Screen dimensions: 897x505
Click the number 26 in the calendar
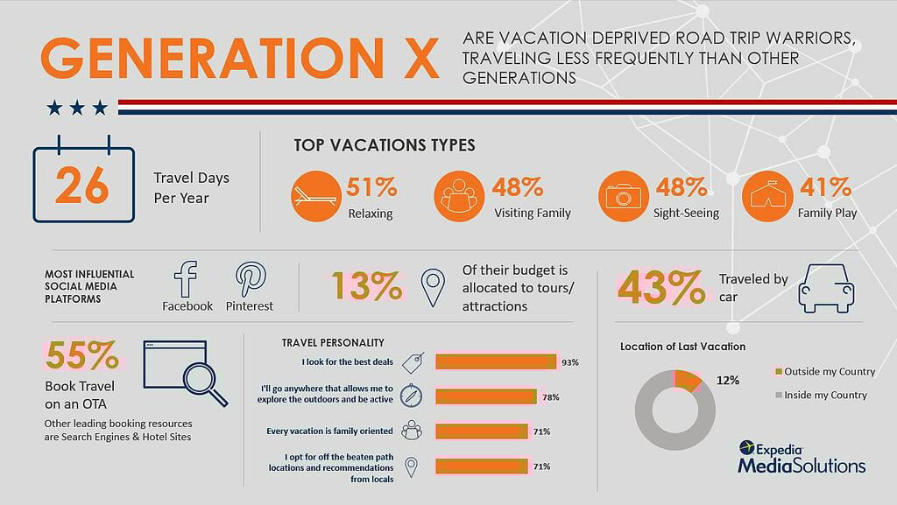pyautogui.click(x=81, y=185)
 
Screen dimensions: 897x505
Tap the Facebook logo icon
pyautogui.click(x=186, y=279)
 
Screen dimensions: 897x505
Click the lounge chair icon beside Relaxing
pyautogui.click(x=315, y=196)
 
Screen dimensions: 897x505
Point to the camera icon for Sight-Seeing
pyautogui.click(x=623, y=196)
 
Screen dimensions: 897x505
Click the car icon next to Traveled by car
pyautogui.click(x=826, y=288)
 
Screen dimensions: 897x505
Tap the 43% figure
pyautogui.click(x=660, y=287)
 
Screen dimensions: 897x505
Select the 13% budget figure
pyautogui.click(x=367, y=285)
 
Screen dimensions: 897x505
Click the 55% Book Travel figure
pyautogui.click(x=81, y=355)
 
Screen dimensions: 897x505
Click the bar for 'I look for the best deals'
pyautogui.click(x=496, y=361)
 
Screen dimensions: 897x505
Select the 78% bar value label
pyautogui.click(x=550, y=397)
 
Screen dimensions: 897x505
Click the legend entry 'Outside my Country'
pyautogui.click(x=825, y=371)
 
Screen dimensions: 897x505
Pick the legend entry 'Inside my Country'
pyautogui.click(x=821, y=395)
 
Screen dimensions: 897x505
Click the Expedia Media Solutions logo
pyautogui.click(x=801, y=457)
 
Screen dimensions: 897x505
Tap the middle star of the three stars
pyautogui.click(x=77, y=108)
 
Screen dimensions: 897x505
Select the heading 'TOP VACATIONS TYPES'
pyautogui.click(x=385, y=145)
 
